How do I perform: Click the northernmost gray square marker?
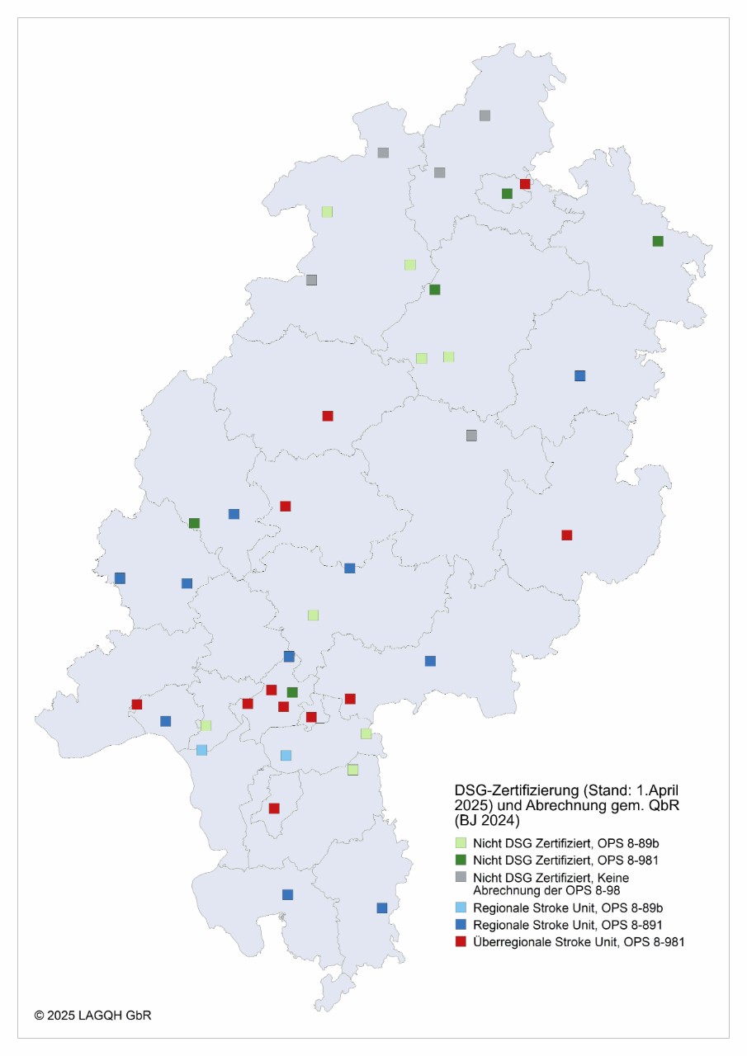[x=485, y=115]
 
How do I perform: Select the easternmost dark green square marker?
[x=658, y=241]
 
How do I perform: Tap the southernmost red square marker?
[x=274, y=808]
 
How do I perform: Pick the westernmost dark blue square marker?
[x=120, y=577]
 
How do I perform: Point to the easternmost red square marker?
[x=566, y=535]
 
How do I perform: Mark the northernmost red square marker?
[x=525, y=184]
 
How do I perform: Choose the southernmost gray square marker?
[x=471, y=435]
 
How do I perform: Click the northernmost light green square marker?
[x=327, y=211]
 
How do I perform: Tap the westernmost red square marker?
[x=137, y=704]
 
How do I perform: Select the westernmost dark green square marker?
[x=194, y=523]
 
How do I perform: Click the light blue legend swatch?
[x=461, y=907]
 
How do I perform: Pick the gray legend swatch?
[x=461, y=877]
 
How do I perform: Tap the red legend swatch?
[x=461, y=941]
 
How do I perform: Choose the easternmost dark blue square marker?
[x=579, y=375]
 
